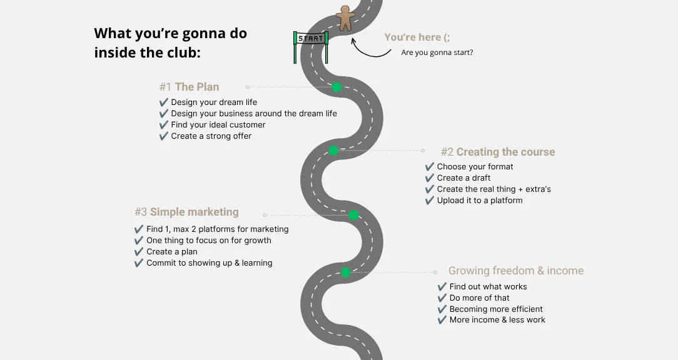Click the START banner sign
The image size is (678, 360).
tap(310, 39)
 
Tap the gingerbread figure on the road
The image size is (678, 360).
tap(345, 18)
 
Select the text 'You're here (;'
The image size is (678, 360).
tap(417, 37)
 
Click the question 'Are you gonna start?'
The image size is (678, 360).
tap(437, 52)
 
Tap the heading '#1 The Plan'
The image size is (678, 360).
tap(189, 87)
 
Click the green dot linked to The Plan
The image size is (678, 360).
tap(336, 87)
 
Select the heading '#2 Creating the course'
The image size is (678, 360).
tap(498, 152)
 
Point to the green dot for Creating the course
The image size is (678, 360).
tap(333, 151)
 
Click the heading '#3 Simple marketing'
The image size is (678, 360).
tap(186, 212)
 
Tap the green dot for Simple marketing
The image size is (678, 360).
tap(354, 215)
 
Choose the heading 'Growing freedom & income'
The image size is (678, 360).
tap(516, 271)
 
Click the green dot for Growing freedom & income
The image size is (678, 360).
tap(345, 272)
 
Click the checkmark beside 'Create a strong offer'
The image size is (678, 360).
tap(163, 136)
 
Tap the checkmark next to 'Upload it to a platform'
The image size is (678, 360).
tap(429, 201)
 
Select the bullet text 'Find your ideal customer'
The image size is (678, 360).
tap(218, 124)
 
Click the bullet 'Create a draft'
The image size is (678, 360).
tap(463, 177)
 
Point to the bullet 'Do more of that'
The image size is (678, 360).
tap(479, 297)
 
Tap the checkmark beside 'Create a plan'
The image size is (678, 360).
tap(139, 251)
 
